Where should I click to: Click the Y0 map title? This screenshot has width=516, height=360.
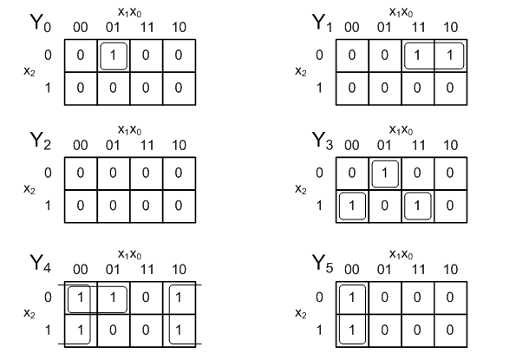[41, 23]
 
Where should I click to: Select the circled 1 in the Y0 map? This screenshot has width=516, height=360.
[114, 56]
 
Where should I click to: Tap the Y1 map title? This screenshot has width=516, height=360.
[322, 23]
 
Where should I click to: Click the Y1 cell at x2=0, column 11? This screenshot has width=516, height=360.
[417, 56]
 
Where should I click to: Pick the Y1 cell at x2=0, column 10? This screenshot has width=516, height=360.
[450, 56]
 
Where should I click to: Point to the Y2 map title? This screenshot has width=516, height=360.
[41, 141]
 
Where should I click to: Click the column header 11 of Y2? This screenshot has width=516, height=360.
[147, 145]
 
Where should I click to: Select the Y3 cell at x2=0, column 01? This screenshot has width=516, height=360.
[385, 173]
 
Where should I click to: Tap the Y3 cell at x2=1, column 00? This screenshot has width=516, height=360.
[352, 206]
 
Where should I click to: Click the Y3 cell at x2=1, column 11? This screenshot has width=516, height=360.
[417, 206]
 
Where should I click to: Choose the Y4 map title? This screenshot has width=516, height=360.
[41, 263]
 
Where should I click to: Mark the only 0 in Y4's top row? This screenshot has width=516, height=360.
[146, 298]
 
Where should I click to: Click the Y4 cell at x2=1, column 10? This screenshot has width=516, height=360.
[179, 330]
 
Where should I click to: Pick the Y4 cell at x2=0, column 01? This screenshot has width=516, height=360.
[114, 298]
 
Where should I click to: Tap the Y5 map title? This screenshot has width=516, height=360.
[323, 263]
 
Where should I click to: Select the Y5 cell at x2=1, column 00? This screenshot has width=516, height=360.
[352, 330]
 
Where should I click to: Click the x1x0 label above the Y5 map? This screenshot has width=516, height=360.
[401, 254]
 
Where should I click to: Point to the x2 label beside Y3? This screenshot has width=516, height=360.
[300, 189]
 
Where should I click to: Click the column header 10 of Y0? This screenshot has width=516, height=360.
[179, 27]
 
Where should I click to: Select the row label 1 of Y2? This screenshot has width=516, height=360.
[48, 206]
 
